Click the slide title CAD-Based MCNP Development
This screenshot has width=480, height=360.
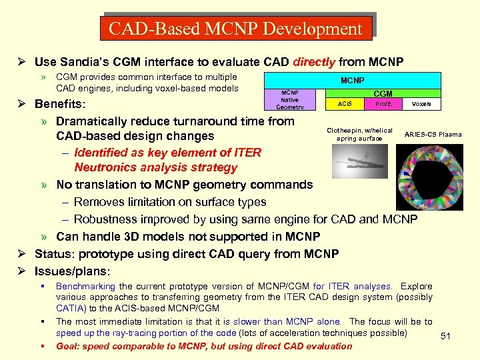coord(235,29)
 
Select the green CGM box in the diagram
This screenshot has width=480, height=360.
coord(383,94)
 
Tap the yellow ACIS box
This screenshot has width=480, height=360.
coord(345,104)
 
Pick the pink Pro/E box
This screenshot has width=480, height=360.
coord(383,104)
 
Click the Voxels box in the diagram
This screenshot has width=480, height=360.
coord(421,104)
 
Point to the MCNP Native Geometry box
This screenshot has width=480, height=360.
coord(290,100)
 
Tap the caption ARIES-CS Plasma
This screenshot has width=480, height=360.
coord(433,135)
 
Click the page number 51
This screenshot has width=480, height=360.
coord(446,337)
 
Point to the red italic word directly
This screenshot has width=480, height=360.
coord(314,62)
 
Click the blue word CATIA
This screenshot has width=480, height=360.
coord(70,308)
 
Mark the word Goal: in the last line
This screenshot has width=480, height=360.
coord(69,346)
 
